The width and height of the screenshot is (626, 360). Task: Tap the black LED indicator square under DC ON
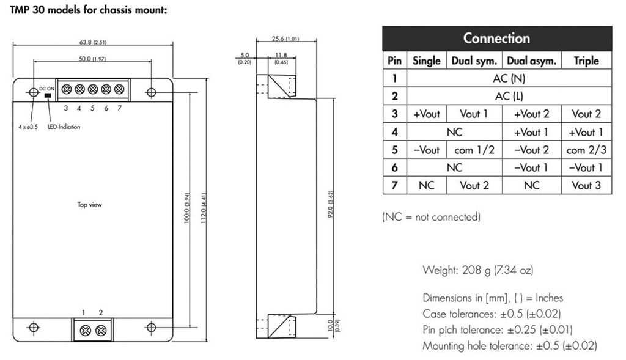click(x=48, y=96)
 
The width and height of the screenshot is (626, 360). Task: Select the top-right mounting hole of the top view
click(x=151, y=92)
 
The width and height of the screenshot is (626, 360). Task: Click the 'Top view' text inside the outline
click(x=89, y=205)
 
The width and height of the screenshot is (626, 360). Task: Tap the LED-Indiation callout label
click(x=64, y=127)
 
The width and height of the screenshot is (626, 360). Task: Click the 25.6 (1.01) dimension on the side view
click(x=286, y=39)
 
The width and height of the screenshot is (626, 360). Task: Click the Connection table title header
click(x=496, y=38)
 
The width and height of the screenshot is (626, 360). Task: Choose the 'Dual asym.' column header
click(x=531, y=61)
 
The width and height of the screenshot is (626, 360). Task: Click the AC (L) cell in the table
click(x=509, y=96)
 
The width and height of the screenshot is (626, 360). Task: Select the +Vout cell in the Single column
click(x=427, y=114)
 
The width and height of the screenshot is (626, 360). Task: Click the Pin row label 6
click(x=394, y=167)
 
